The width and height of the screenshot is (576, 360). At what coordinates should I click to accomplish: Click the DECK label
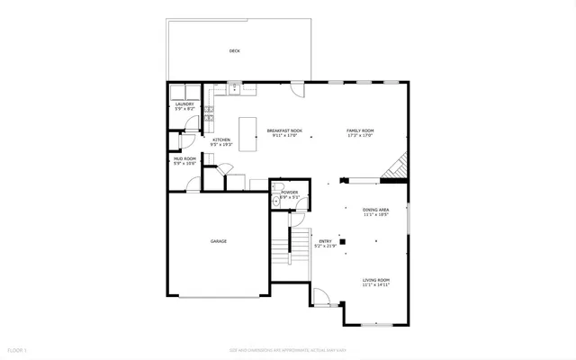(234, 51)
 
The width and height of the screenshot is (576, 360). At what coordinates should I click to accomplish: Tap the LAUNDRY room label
(184, 105)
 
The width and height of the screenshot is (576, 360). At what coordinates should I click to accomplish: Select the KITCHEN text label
(221, 140)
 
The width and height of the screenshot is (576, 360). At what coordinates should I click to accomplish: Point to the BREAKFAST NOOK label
(283, 131)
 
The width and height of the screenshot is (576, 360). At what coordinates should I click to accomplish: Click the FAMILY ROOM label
(360, 131)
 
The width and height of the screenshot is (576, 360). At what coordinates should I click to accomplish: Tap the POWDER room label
(289, 193)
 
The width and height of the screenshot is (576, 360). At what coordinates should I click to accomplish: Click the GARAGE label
(218, 241)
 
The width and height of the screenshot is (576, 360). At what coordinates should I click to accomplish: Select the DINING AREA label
(376, 212)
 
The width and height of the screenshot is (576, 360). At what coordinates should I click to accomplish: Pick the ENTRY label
(325, 241)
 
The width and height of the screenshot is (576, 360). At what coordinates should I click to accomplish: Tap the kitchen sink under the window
(234, 89)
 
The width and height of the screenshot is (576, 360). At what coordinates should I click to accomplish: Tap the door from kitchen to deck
(297, 90)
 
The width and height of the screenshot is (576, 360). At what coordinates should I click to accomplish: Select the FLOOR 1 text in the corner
(17, 349)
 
